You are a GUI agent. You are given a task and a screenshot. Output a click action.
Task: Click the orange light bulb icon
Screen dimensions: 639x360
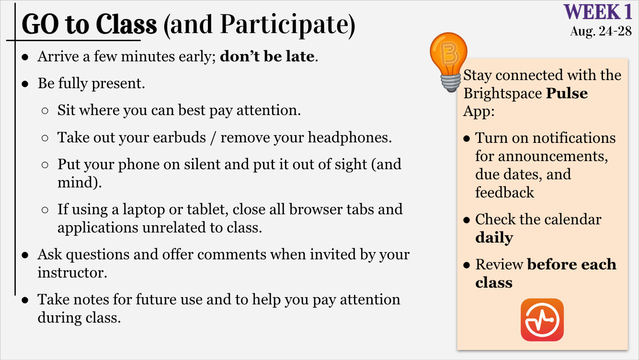tap(449, 62)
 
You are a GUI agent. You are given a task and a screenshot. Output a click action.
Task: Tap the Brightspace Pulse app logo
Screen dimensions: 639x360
tap(542, 320)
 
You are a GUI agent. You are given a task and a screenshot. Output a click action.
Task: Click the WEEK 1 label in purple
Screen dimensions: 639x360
tap(598, 12)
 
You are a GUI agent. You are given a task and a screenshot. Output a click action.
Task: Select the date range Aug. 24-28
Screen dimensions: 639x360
tap(601, 31)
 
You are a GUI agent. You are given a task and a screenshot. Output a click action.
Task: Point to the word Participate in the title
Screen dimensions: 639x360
tap(285, 25)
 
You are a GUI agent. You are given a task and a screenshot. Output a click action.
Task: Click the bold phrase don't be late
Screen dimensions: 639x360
tap(267, 56)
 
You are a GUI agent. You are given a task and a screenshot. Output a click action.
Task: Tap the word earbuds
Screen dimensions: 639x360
tap(180, 138)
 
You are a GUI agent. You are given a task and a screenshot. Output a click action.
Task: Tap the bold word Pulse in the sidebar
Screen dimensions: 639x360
tap(567, 93)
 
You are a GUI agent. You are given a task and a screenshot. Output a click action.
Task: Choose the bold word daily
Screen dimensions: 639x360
tap(494, 238)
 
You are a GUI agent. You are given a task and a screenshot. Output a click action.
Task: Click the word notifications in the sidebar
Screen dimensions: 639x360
tap(574, 138)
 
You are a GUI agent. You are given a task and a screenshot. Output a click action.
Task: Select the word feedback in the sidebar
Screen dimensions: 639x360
tap(504, 192)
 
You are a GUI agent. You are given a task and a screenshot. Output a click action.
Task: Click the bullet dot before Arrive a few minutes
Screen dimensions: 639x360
tap(25, 57)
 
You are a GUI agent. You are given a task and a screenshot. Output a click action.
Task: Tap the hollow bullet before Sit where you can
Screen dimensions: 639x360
tap(45, 111)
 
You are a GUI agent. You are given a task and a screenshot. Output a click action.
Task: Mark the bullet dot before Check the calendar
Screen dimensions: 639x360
tap(467, 220)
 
